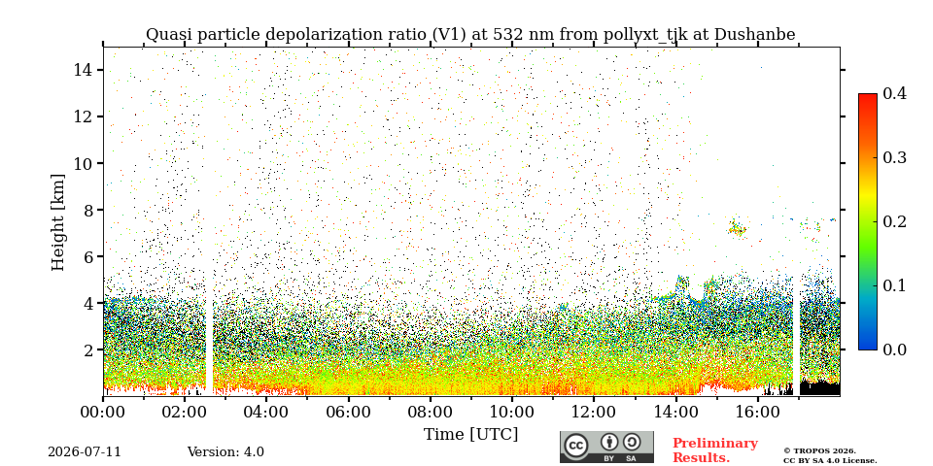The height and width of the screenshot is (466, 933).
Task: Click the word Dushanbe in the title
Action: (754, 35)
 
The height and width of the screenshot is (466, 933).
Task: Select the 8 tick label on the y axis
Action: (88, 210)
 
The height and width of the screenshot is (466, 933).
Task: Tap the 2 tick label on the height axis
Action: (88, 350)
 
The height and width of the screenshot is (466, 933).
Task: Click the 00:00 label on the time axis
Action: (103, 412)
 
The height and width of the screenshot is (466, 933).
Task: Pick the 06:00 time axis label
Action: (348, 412)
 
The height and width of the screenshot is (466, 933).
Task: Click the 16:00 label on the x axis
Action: (757, 412)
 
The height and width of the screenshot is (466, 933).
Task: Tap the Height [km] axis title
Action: (57, 222)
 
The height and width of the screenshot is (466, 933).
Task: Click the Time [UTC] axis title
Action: (470, 435)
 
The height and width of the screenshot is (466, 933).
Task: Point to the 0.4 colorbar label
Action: (894, 93)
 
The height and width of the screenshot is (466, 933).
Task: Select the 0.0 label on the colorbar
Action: (894, 349)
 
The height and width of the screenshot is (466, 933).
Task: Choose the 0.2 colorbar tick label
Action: (894, 221)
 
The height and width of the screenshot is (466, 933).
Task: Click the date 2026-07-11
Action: (85, 452)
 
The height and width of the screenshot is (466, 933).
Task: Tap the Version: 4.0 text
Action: (225, 452)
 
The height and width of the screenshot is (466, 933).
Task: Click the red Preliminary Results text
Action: (715, 450)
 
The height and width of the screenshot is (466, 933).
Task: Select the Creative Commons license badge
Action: (606, 447)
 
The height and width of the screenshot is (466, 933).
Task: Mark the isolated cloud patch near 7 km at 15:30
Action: (738, 227)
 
